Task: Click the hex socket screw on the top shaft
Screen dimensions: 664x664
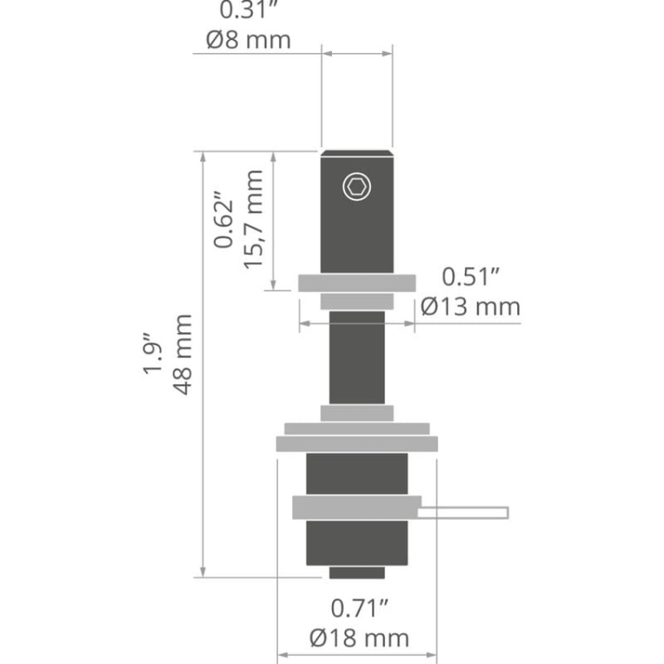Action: click(x=358, y=187)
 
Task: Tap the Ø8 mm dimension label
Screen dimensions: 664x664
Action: click(x=249, y=40)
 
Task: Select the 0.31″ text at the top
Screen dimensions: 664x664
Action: click(x=249, y=11)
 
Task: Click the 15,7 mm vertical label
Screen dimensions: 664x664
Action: click(x=254, y=220)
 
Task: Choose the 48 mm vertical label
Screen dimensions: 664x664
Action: click(x=182, y=354)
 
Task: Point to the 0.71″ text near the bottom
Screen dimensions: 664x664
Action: click(x=359, y=608)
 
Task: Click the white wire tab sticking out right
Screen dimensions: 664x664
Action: click(x=464, y=512)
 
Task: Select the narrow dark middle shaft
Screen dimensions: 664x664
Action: click(x=357, y=359)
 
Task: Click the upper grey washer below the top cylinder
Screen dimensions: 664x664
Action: click(x=357, y=283)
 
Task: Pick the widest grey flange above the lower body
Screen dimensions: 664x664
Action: click(x=357, y=444)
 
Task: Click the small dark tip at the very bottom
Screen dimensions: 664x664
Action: click(x=357, y=573)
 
